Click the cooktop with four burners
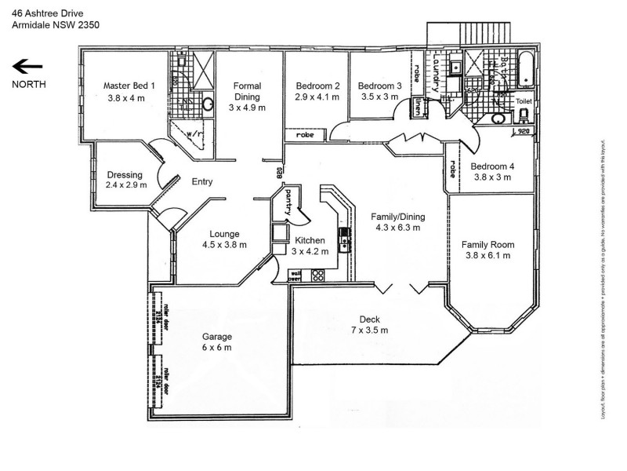(x=318, y=275)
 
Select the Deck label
(x=369, y=319)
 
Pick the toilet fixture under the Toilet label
(x=524, y=115)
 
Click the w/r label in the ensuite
(x=192, y=134)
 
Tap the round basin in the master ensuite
(x=209, y=103)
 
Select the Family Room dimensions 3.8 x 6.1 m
(x=486, y=255)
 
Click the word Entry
(x=202, y=182)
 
